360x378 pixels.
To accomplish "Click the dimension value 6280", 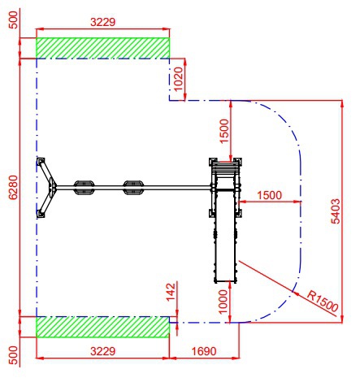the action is click(x=13, y=187).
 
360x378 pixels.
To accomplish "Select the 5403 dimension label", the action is click(x=336, y=211).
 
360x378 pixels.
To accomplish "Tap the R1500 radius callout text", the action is click(x=323, y=302).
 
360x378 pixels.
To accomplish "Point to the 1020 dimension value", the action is click(x=179, y=79).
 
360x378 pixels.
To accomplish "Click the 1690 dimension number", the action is click(x=204, y=351).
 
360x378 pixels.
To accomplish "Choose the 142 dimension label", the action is click(x=171, y=292).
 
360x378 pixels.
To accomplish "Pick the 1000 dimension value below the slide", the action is click(x=223, y=302).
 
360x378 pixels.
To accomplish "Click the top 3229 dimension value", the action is click(x=102, y=22).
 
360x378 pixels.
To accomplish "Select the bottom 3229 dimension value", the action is click(x=102, y=351).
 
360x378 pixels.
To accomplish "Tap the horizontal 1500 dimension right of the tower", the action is click(x=269, y=195).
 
